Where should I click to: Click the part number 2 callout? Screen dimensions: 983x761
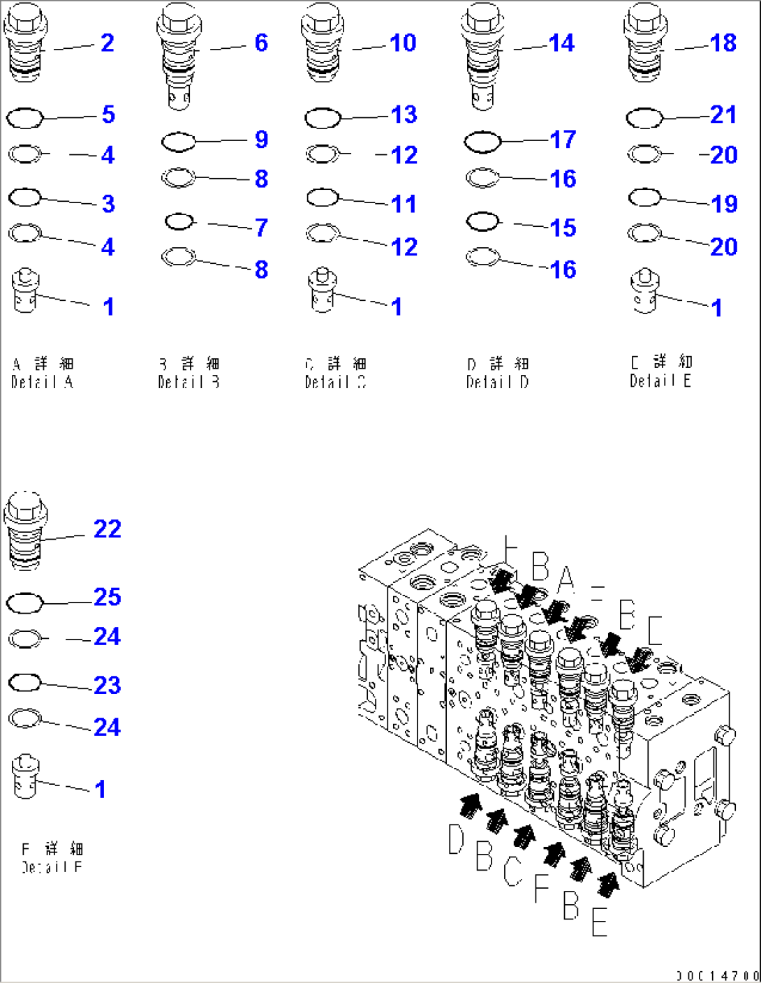click(x=107, y=43)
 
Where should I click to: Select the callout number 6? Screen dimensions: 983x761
click(x=261, y=43)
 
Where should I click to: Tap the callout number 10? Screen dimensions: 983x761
click(x=403, y=43)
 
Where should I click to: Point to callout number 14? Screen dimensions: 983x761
click(x=561, y=43)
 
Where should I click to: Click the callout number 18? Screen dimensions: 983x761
click(x=723, y=43)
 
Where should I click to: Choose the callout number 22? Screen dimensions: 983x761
click(x=107, y=529)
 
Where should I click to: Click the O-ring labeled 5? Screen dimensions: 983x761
click(x=24, y=118)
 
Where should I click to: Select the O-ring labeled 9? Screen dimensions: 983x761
click(x=178, y=142)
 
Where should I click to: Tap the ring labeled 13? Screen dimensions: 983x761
click(x=323, y=118)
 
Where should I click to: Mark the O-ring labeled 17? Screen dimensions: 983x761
click(x=482, y=142)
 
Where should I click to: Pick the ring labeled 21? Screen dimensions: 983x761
click(x=644, y=118)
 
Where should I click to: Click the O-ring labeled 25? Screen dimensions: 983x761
click(x=24, y=603)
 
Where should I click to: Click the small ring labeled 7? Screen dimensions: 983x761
click(x=179, y=222)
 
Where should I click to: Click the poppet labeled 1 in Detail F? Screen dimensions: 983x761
click(x=25, y=776)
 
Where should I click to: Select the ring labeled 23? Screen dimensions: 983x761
click(x=24, y=683)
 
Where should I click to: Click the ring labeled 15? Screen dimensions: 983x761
click(x=482, y=222)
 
